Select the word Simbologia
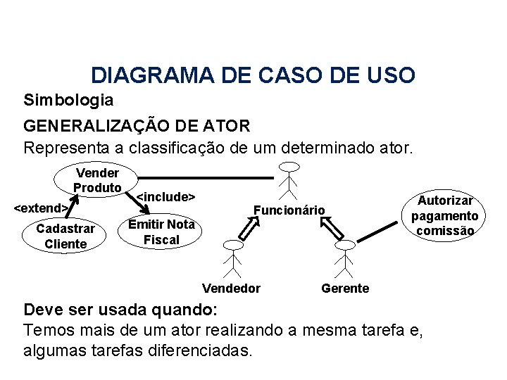click(68, 99)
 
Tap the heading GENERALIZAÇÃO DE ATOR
click(136, 127)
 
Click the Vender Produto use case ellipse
click(98, 180)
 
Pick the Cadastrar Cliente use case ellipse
click(65, 236)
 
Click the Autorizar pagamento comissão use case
click(447, 215)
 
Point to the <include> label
click(165, 196)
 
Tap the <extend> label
click(42, 208)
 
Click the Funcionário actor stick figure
click(289, 180)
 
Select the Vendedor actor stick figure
click(232, 258)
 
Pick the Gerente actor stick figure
click(344, 258)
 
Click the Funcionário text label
click(289, 210)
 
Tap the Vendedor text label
click(231, 288)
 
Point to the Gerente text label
click(344, 288)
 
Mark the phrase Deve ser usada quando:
click(122, 310)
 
